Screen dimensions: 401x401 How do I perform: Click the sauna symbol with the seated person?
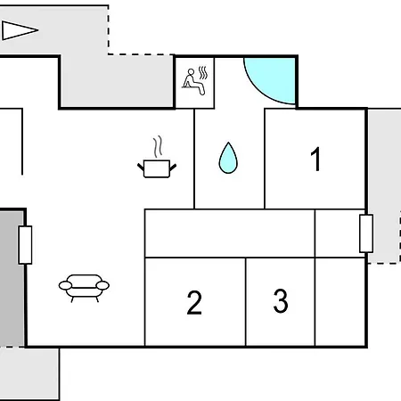[194, 81]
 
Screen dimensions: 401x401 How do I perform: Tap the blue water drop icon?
[228, 158]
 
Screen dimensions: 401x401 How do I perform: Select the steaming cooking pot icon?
[157, 158]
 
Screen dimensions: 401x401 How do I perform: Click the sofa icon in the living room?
[84, 288]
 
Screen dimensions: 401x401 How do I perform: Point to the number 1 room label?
[315, 160]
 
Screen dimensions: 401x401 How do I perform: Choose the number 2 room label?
[194, 302]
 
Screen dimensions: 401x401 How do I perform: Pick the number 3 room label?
[281, 301]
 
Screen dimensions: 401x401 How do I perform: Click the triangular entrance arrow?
[20, 30]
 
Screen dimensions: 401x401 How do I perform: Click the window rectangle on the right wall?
[366, 233]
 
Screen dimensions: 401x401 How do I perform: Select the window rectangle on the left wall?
[25, 245]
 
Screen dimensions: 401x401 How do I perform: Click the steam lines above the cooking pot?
[158, 146]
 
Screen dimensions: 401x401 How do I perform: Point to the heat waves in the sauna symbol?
[203, 73]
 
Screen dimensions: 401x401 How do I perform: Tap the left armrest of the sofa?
[65, 286]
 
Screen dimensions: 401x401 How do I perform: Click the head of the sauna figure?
[191, 72]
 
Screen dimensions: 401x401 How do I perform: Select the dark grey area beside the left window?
[12, 279]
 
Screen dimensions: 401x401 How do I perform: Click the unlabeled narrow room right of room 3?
[340, 302]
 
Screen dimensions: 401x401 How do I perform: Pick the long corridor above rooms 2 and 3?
[230, 233]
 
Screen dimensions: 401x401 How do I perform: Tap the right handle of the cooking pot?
[173, 168]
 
